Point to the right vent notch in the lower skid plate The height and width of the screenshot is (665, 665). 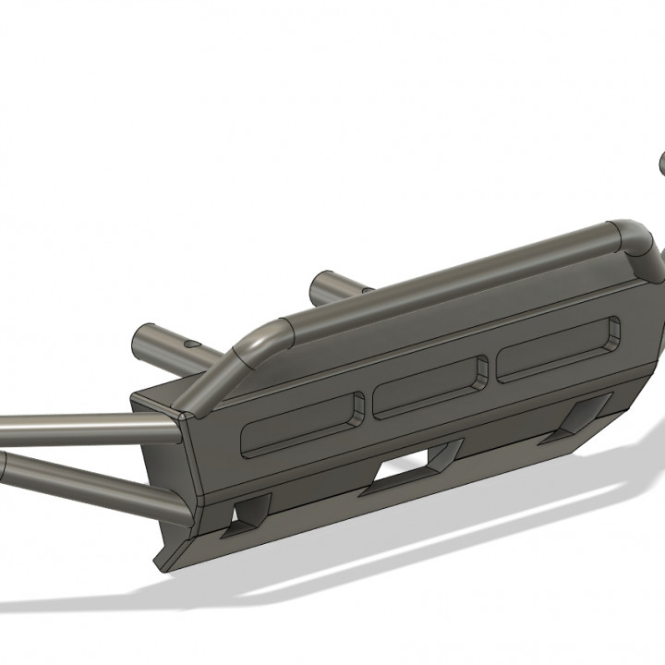pyautogui.click(x=586, y=415)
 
